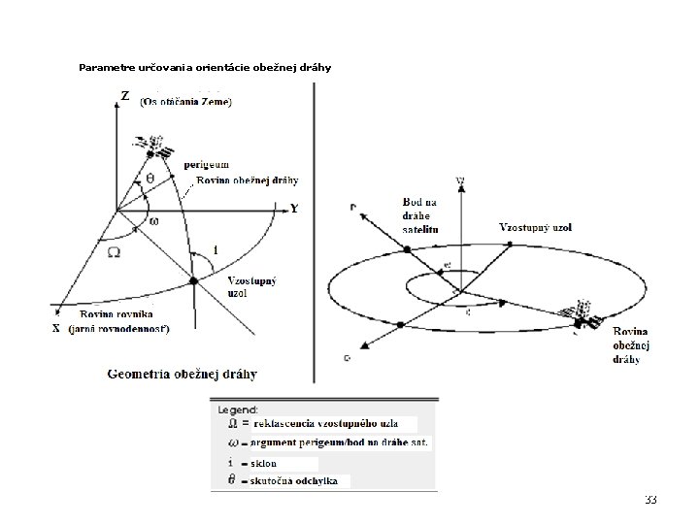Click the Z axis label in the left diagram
point(124,95)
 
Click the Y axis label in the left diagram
point(294,208)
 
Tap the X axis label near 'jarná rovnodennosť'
point(57,328)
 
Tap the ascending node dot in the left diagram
point(192,280)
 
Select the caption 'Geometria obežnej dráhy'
point(183,374)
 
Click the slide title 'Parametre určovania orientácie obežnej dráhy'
point(205,68)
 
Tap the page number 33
point(650,500)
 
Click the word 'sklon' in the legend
point(263,463)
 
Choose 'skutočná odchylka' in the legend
point(293,481)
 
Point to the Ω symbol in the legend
point(230,424)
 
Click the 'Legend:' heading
point(237,409)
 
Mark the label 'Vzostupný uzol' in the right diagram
point(535,227)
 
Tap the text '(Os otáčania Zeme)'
point(185,102)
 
